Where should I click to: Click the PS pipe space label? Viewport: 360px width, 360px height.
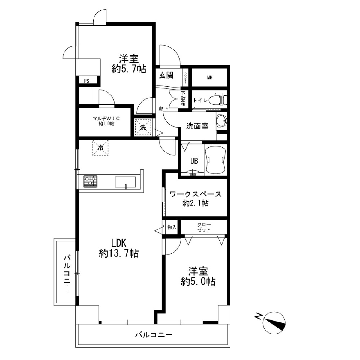(x=86, y=81)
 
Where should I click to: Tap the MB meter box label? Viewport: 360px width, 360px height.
(x=210, y=77)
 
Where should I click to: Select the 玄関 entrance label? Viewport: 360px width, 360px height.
(x=166, y=75)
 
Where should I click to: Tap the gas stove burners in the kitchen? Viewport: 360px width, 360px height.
(x=90, y=181)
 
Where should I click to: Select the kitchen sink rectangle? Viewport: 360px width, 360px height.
(x=125, y=182)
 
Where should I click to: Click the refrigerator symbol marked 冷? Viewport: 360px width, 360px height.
(x=100, y=148)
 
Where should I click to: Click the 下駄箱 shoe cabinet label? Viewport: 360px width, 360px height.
(x=183, y=98)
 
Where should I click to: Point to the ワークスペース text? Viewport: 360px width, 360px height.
(x=195, y=195)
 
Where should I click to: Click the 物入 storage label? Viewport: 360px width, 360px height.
(x=172, y=227)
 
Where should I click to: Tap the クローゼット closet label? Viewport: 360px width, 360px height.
(x=204, y=227)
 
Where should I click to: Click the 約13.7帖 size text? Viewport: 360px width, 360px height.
(x=119, y=254)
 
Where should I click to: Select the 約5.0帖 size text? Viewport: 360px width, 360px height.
(x=198, y=282)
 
